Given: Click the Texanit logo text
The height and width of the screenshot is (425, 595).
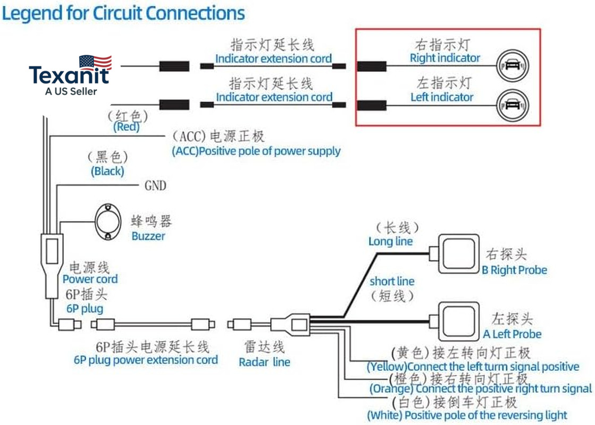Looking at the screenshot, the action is click(x=69, y=75).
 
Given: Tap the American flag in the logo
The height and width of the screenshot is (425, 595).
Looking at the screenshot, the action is click(x=95, y=63).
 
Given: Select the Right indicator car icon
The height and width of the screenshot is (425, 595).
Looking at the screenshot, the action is click(x=513, y=65).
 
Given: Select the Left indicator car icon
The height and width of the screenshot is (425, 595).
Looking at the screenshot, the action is click(x=513, y=105).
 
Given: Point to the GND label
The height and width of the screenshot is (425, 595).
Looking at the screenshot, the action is click(x=156, y=185).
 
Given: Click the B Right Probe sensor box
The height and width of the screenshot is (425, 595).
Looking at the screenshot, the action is click(x=459, y=253).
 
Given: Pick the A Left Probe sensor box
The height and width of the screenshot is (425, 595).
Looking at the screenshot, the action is click(x=459, y=321).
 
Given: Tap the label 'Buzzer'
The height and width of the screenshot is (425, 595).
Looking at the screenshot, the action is click(x=148, y=236).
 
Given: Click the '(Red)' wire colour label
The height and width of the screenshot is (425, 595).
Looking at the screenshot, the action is click(x=127, y=126).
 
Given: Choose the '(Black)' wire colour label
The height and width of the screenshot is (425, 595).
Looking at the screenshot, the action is click(x=107, y=172).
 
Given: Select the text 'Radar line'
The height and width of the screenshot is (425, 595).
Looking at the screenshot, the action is click(x=264, y=362).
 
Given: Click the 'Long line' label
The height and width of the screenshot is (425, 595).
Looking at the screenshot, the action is click(x=390, y=242).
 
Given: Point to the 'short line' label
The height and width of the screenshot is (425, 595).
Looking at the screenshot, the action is click(x=392, y=282).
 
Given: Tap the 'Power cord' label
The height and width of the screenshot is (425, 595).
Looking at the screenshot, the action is click(x=90, y=279).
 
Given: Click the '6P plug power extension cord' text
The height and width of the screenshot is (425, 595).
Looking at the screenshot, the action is click(x=146, y=360).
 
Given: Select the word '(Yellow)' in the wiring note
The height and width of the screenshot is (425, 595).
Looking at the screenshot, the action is click(x=387, y=367).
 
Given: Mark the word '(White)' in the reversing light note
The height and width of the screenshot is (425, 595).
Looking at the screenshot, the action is click(x=384, y=415).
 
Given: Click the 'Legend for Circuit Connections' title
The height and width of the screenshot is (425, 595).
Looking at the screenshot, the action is click(x=123, y=13).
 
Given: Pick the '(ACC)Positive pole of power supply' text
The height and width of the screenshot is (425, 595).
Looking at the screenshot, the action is click(x=256, y=151).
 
